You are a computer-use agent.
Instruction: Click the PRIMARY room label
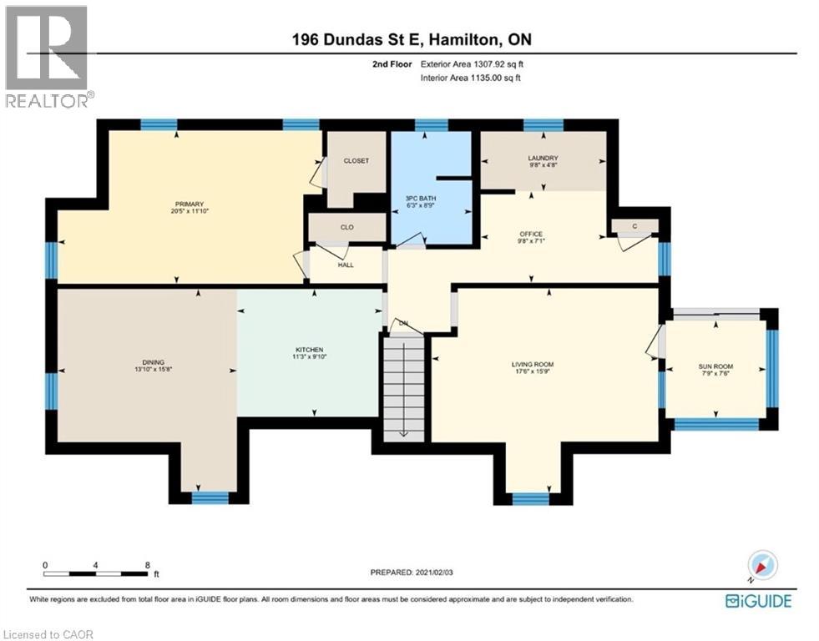coord(190,204)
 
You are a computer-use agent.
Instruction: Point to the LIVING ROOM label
coord(533,365)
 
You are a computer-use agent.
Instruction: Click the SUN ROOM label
coord(715,366)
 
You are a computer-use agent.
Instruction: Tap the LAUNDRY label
coord(543,158)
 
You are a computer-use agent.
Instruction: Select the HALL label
coord(346,265)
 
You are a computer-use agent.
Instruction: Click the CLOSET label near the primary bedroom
coord(356,161)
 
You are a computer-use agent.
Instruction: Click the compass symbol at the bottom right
coord(761,566)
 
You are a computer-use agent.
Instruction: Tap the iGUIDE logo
coord(757,600)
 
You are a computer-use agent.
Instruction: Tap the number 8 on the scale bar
coord(148,565)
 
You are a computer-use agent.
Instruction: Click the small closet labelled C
coord(635,225)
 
